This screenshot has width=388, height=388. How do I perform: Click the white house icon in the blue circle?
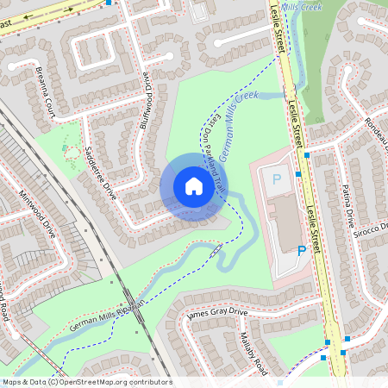coord(194,186)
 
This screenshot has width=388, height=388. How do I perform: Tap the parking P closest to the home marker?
coord(277,180)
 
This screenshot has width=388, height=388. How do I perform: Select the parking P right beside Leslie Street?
coord(302,251)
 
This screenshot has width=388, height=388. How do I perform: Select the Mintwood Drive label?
coord(38,215)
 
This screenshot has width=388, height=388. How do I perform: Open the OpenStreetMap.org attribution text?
coord(86,382)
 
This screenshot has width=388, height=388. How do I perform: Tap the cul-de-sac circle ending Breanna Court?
coord(17,66)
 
